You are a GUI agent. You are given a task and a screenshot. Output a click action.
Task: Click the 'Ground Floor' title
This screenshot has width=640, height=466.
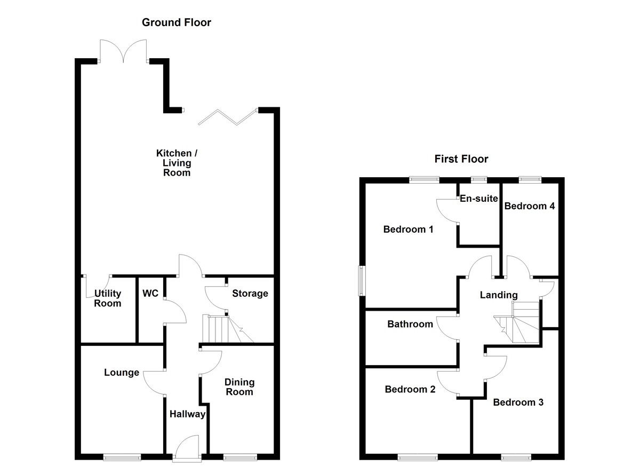coord(176,22)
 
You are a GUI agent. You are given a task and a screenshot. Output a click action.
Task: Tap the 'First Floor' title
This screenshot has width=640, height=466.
coord(461,159)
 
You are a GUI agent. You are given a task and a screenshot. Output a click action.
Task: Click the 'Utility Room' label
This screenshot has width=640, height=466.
coord(108,298)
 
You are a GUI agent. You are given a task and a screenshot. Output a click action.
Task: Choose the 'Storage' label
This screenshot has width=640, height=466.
coord(250,294)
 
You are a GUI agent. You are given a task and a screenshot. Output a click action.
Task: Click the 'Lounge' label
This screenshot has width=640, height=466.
coord(122,373)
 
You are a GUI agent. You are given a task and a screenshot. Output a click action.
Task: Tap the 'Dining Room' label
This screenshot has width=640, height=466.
coord(239,387)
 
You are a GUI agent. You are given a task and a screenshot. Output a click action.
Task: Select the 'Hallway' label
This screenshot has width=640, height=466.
coord(187,414)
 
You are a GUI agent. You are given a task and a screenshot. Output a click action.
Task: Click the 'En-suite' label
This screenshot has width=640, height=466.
coord(478,199)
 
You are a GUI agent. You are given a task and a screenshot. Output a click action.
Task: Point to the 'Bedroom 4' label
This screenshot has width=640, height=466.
coord(526,206)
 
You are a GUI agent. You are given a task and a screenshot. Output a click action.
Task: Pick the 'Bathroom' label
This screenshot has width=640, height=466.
coord(410,324)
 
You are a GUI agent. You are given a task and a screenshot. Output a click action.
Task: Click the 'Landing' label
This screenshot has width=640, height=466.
coord(499,295)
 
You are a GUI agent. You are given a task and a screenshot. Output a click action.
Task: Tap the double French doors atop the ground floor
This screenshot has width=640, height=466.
coord(124,51)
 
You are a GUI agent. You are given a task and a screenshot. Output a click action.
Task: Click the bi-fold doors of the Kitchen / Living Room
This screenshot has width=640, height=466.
coord(228,117)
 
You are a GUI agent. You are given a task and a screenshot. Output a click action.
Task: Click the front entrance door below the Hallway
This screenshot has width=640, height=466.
coord(187,448)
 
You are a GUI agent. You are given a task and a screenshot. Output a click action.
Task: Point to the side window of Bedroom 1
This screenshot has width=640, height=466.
coord(362,280)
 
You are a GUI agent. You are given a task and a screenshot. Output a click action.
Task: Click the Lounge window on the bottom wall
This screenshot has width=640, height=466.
coord(122,456)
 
